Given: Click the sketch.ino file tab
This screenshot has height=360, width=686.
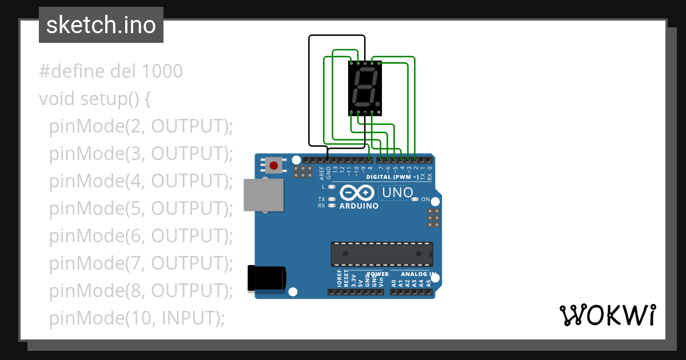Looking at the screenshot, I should point(101,25).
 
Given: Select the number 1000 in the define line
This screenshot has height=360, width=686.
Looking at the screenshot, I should point(162,71).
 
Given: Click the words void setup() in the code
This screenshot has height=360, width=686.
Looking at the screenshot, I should point(95,99).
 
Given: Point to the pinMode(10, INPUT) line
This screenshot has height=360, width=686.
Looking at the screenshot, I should point(137,318).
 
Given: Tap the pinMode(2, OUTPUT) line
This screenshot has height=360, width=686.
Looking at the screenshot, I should point(141,126).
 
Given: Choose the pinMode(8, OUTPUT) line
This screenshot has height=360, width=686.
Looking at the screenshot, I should point(141,291).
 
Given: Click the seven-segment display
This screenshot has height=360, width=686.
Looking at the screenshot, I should point(365,88).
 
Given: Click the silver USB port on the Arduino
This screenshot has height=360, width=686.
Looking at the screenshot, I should point(264,195).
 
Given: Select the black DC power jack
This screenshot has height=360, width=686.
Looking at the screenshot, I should point(266,278).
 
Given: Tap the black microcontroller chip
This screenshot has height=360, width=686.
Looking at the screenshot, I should point(381,254).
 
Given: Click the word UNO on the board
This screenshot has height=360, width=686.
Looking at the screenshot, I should point(397,193).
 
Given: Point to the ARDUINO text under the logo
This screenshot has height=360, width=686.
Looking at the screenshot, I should point(359,206).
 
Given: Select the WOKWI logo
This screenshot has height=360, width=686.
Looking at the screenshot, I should point(607,315).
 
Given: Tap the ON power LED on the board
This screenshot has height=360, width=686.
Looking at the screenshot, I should point(416,199).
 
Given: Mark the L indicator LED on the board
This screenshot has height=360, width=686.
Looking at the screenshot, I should point(332,187).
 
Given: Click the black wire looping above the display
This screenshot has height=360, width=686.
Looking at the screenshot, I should point(337,36).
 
